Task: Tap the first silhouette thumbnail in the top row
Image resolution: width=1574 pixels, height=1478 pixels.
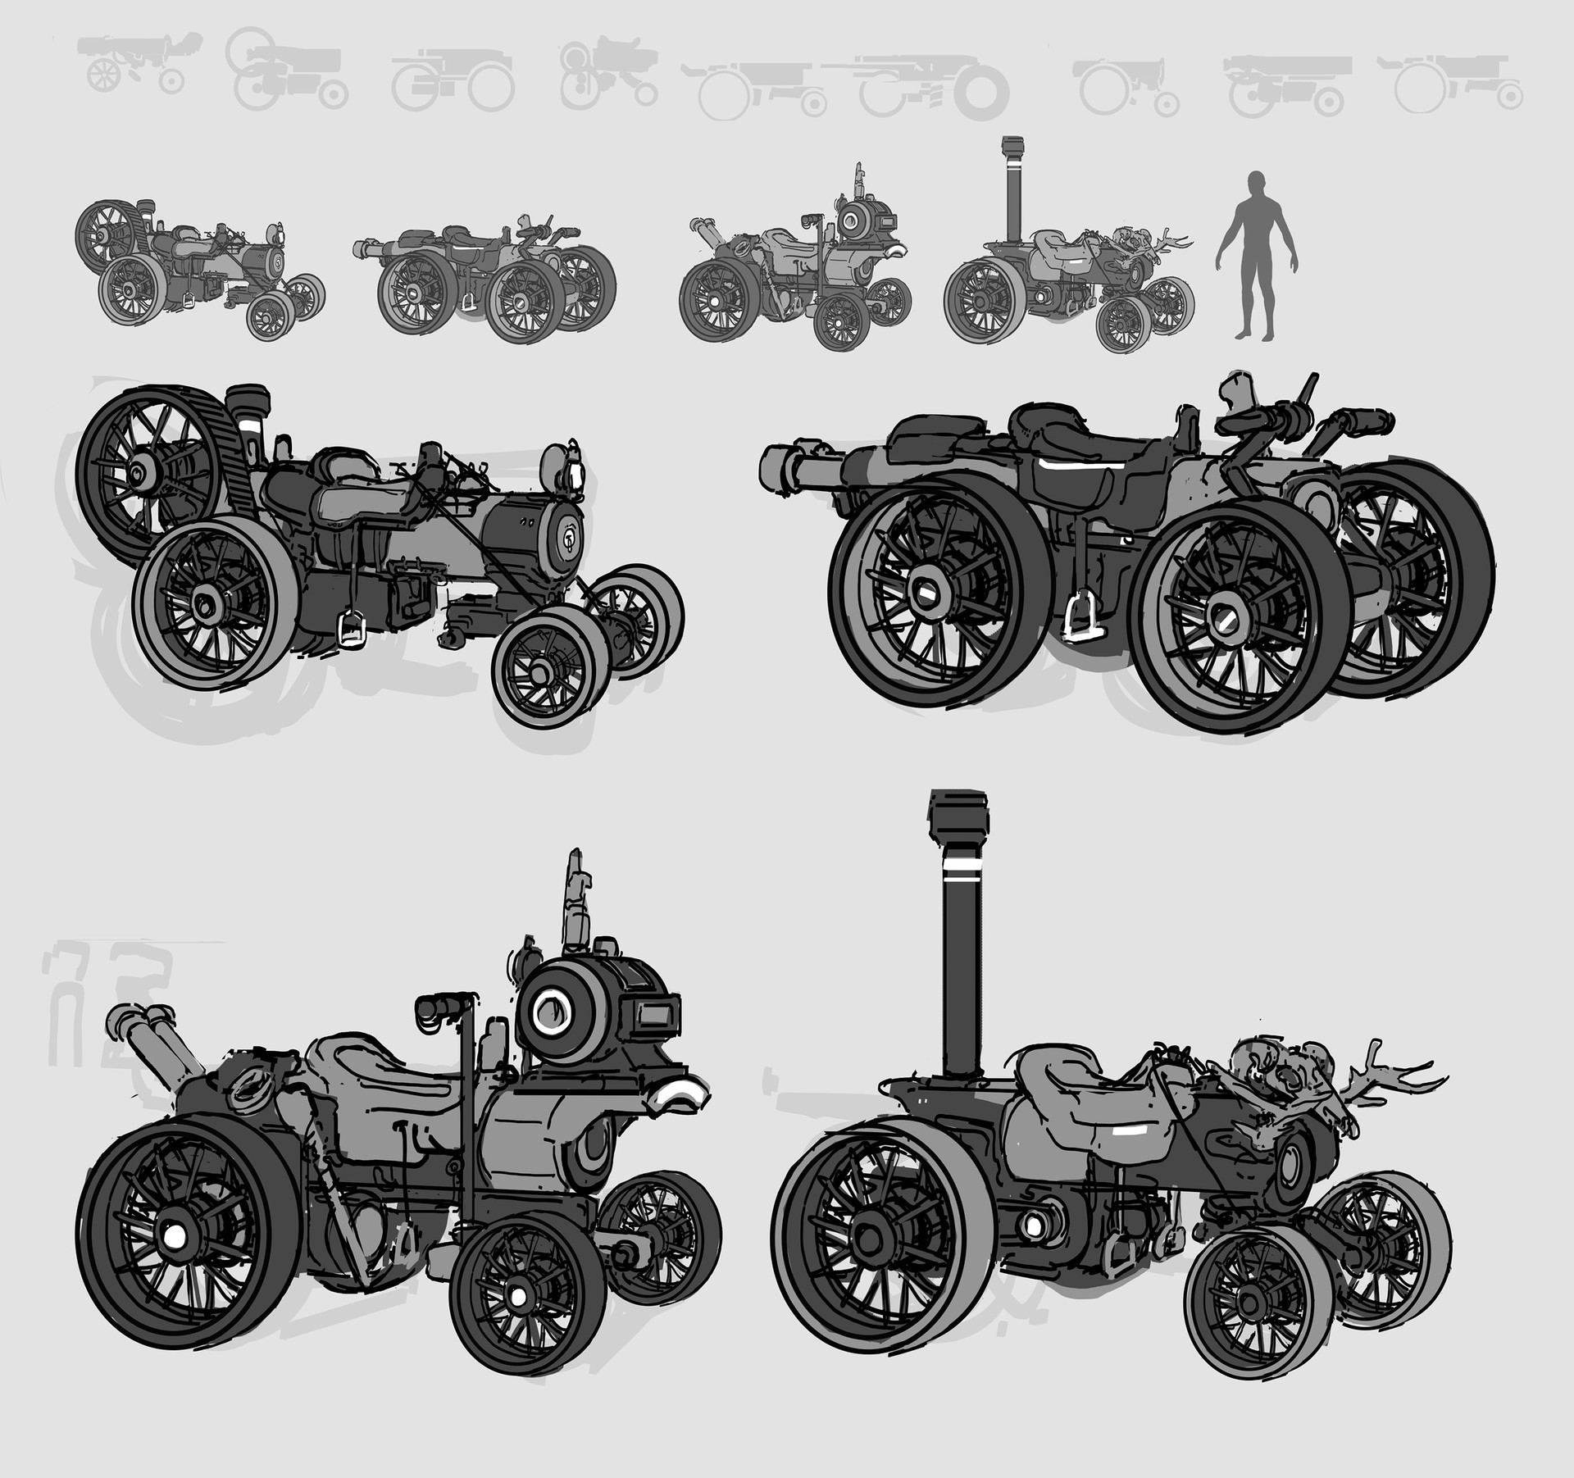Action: [x=135, y=70]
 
